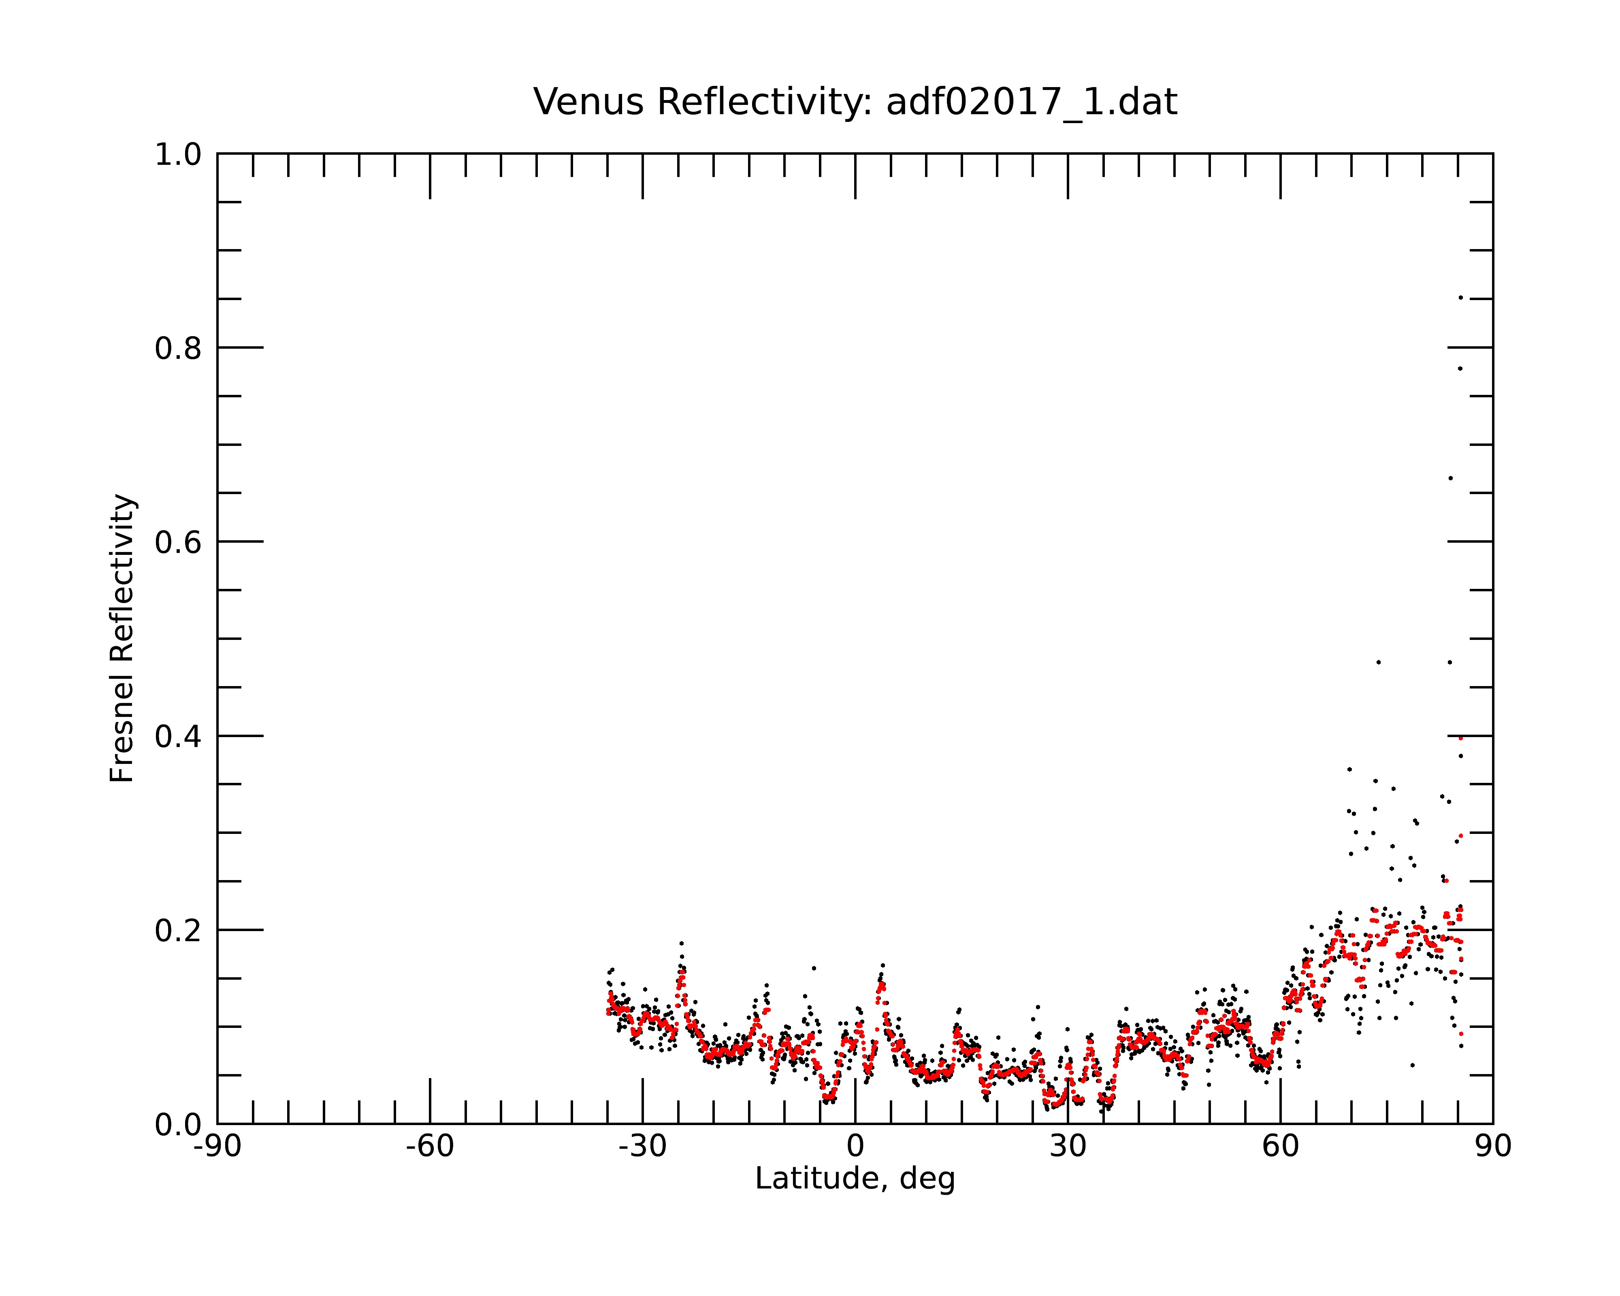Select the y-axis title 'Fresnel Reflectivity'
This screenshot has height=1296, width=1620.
pos(122,638)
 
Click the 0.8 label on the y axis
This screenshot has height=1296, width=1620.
pos(178,349)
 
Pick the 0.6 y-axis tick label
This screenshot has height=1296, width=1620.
pos(178,542)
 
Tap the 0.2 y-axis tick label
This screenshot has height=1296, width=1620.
pos(178,931)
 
